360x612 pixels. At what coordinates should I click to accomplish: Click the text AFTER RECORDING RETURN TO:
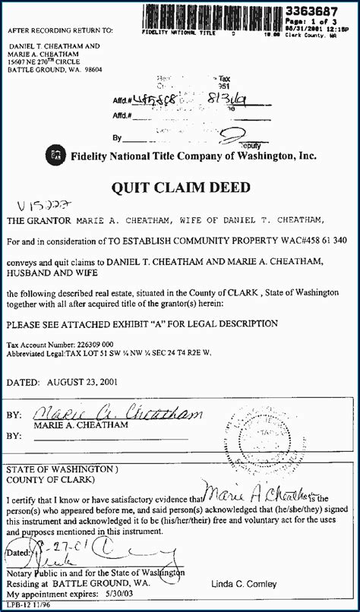click(x=60, y=30)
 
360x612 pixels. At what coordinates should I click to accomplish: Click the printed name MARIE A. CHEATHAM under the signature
click(x=69, y=426)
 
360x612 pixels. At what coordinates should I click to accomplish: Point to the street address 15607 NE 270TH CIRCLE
click(x=58, y=61)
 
